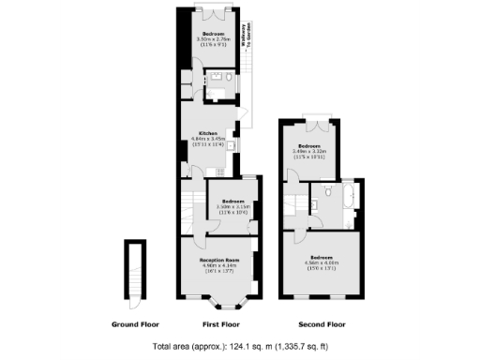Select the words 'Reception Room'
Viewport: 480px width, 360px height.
click(220, 259)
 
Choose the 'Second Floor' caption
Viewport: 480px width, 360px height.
click(320, 324)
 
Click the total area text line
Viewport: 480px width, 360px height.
click(240, 347)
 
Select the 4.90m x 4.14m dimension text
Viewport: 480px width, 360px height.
click(220, 264)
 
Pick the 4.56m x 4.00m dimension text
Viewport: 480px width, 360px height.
click(321, 262)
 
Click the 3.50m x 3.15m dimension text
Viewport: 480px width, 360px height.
click(234, 206)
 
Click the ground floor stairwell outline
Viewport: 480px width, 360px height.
click(137, 272)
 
